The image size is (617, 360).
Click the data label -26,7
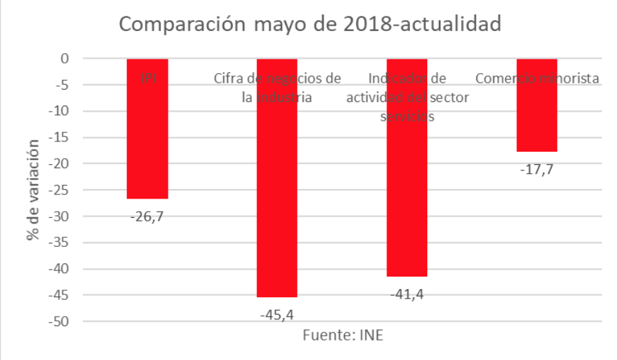point(147,217)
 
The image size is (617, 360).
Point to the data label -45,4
point(277,315)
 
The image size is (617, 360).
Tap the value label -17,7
point(536,169)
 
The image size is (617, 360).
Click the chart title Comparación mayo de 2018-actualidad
point(309,24)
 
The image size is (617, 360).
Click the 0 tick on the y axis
point(64,59)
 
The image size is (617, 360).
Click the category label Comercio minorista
point(537,79)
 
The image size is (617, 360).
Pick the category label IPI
point(148,79)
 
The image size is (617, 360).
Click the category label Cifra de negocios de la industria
point(277,88)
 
